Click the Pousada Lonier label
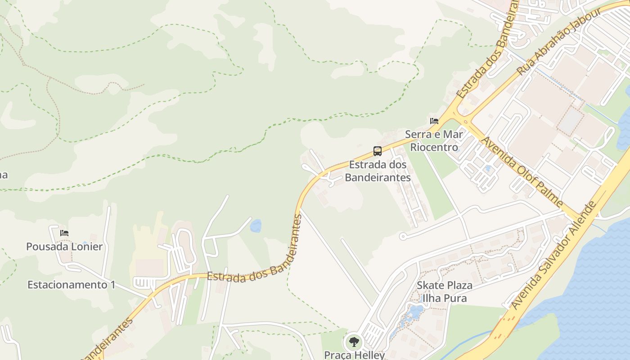(x=64, y=247)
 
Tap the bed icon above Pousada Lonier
(x=64, y=233)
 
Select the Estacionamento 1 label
(x=71, y=285)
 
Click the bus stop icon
(x=377, y=151)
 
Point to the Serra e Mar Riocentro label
(x=434, y=141)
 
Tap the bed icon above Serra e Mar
(x=434, y=121)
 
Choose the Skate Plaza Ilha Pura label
(x=445, y=292)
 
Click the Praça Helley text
(x=355, y=355)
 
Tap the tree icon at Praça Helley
(x=355, y=342)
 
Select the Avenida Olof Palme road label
(x=522, y=172)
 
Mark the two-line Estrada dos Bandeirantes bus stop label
(x=378, y=171)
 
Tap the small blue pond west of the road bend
(x=256, y=226)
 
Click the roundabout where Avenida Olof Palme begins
(x=465, y=121)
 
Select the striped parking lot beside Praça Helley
(x=372, y=335)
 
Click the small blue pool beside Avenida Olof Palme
(x=488, y=169)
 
